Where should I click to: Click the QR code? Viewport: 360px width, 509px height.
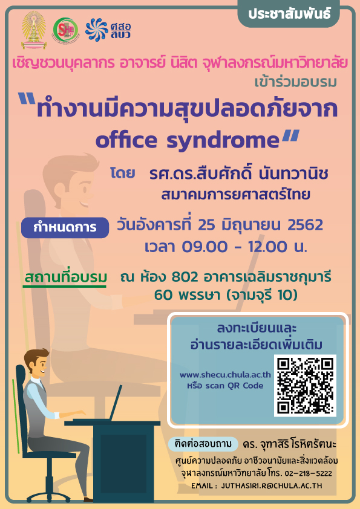(305, 386)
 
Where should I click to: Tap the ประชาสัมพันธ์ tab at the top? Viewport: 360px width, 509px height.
(289, 14)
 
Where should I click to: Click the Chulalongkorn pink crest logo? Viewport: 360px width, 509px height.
(34, 30)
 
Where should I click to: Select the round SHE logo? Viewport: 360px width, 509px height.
(65, 30)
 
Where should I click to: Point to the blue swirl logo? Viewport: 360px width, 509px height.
(96, 30)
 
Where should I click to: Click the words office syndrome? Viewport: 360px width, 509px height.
(188, 140)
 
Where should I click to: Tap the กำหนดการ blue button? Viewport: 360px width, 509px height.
(65, 227)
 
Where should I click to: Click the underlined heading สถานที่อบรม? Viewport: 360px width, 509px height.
(65, 278)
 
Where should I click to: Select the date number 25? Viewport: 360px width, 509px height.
(206, 225)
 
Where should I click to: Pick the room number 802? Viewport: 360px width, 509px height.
(185, 277)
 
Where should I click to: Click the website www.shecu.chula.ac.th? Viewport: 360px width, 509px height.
(225, 375)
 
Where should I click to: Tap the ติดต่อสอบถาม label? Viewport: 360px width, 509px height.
(203, 444)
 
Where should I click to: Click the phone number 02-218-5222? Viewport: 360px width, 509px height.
(308, 473)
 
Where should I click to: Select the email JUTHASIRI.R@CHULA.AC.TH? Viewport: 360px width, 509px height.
(272, 485)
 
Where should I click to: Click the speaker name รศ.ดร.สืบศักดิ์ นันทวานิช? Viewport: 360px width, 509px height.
(238, 173)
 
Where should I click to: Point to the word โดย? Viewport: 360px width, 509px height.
(122, 173)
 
